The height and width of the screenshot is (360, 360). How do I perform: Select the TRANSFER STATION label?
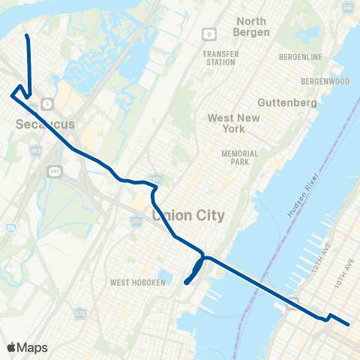[x=220, y=58]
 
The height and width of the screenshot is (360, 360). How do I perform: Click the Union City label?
[x=189, y=215]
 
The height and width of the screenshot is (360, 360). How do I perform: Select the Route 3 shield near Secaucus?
[x=47, y=103]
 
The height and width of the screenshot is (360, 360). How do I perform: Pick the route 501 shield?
[x=136, y=222]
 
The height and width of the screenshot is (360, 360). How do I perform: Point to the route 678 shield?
[x=79, y=312]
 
